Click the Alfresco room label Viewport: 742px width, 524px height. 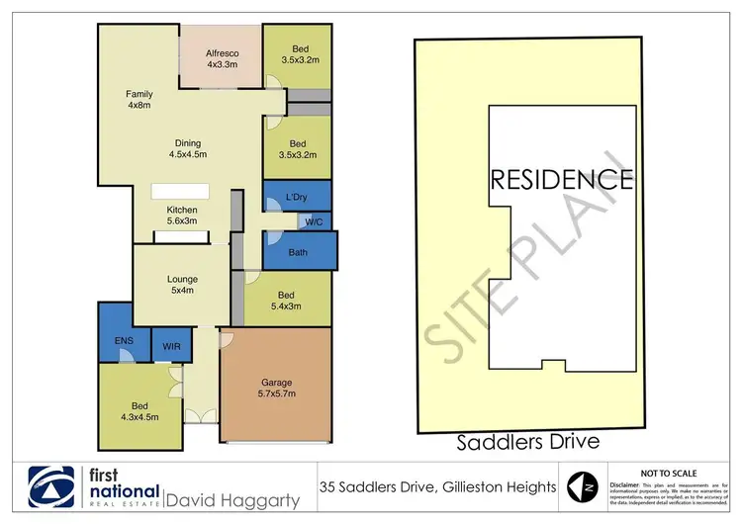(222, 57)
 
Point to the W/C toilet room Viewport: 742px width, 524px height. (314, 221)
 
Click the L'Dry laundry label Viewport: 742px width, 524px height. (296, 196)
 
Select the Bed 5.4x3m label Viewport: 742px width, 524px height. (286, 301)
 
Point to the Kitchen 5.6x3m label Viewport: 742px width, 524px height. (182, 217)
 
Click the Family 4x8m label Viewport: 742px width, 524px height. (139, 101)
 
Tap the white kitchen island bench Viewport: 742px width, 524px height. (180, 192)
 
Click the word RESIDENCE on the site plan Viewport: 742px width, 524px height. (561, 180)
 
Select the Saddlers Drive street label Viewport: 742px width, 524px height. (526, 440)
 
